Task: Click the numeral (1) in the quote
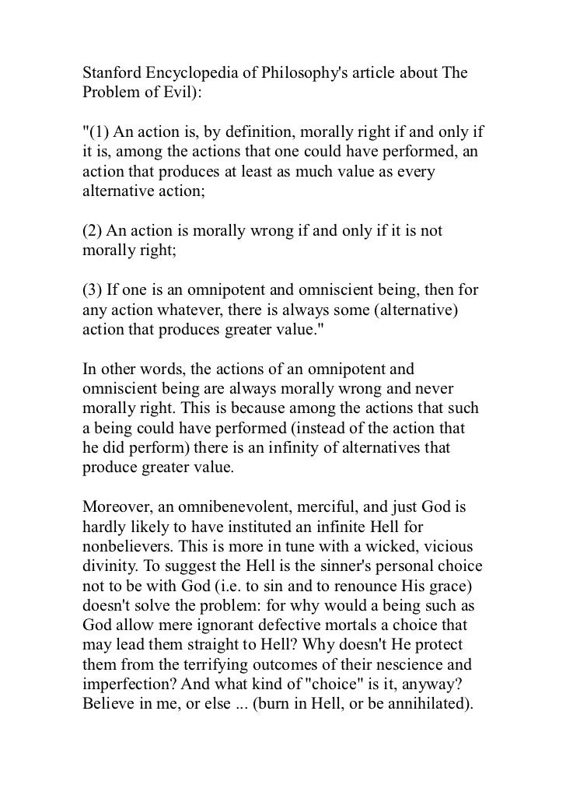(x=101, y=131)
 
